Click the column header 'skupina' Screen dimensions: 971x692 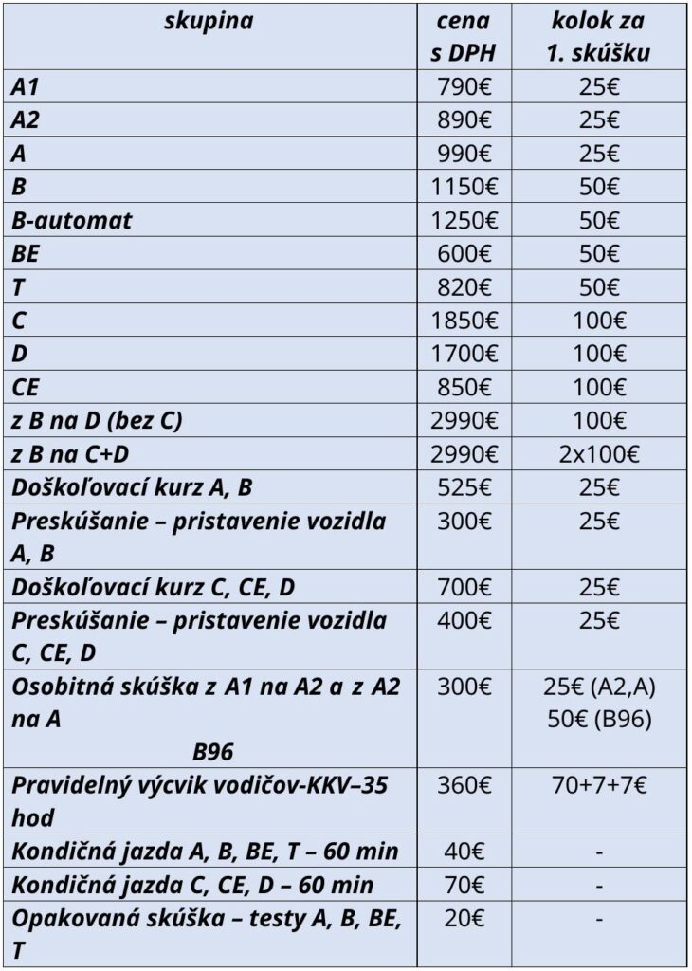pos(210,21)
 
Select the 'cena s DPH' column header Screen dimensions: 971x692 pos(464,36)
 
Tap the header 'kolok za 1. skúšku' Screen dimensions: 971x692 pos(598,36)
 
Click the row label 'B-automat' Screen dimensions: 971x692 pos(72,220)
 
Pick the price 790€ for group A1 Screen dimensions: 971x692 pos(464,87)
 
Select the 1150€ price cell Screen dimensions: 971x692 pos(464,187)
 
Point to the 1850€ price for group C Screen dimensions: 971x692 pos(464,321)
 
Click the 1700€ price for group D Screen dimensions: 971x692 pos(464,354)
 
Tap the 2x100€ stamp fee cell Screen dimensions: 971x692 pos(598,454)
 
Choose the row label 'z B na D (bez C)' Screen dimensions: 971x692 pos(97,421)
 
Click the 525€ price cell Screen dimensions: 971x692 pos(464,487)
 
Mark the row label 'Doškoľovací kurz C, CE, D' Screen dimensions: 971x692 pos(154,587)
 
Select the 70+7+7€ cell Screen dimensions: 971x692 pos(598,784)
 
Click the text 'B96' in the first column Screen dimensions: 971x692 pos(212,752)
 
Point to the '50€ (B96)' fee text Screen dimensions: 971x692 pos(598,719)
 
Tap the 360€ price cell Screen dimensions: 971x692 pos(464,784)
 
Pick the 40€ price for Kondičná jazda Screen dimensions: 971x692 pos(464,851)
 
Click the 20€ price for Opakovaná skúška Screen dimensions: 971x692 pos(464,917)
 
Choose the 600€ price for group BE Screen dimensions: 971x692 pos(464,253)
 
